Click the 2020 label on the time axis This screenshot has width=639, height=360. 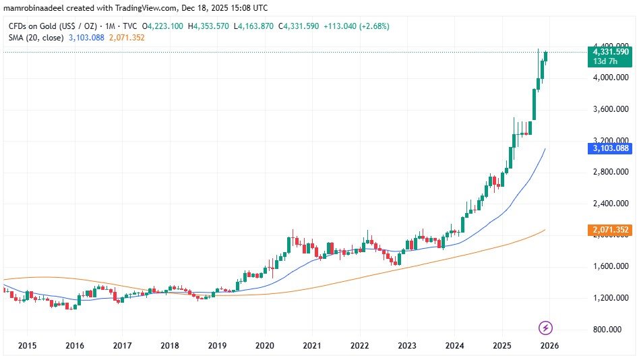264,346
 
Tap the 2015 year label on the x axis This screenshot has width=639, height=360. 27,346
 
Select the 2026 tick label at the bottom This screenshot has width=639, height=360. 549,346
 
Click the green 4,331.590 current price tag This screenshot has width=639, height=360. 610,52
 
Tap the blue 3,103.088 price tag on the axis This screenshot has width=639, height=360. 610,148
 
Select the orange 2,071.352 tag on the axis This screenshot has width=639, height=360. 610,231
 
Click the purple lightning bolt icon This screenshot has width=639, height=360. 546,328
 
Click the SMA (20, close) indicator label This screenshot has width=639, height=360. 35,38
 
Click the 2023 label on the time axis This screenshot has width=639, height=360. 406,346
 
